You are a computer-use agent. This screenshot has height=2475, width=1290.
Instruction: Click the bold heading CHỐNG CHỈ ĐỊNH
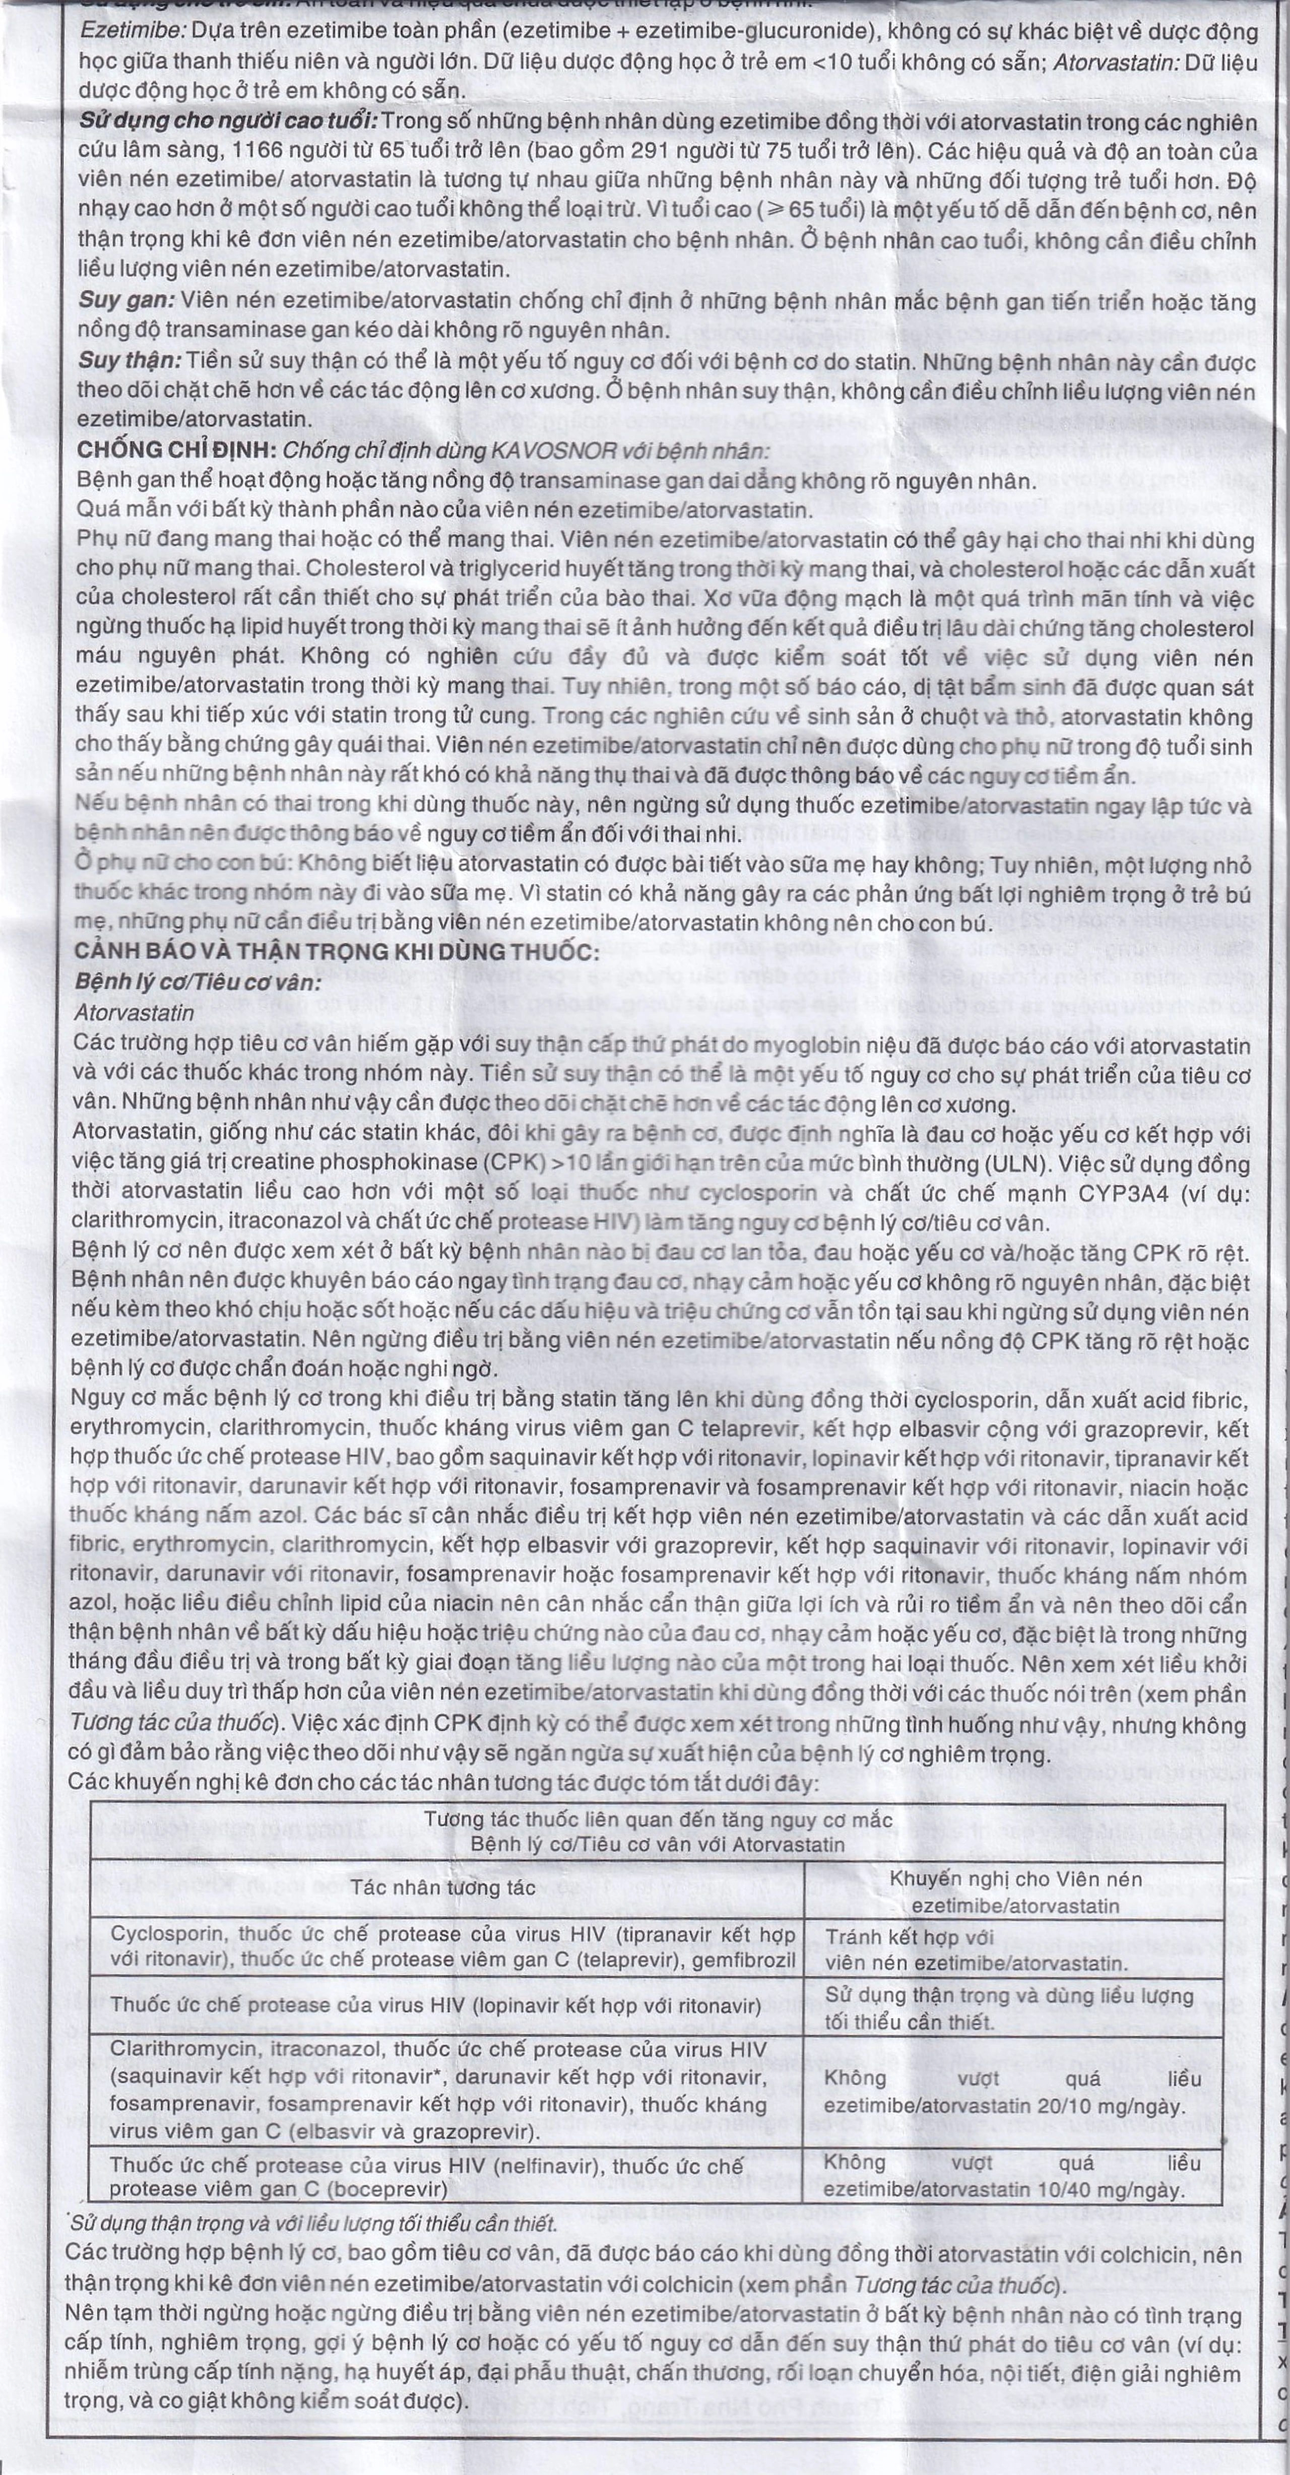(177, 449)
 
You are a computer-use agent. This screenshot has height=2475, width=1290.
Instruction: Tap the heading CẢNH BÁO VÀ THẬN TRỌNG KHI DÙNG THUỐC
(336, 951)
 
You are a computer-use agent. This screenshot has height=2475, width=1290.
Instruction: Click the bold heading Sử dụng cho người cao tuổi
(229, 121)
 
